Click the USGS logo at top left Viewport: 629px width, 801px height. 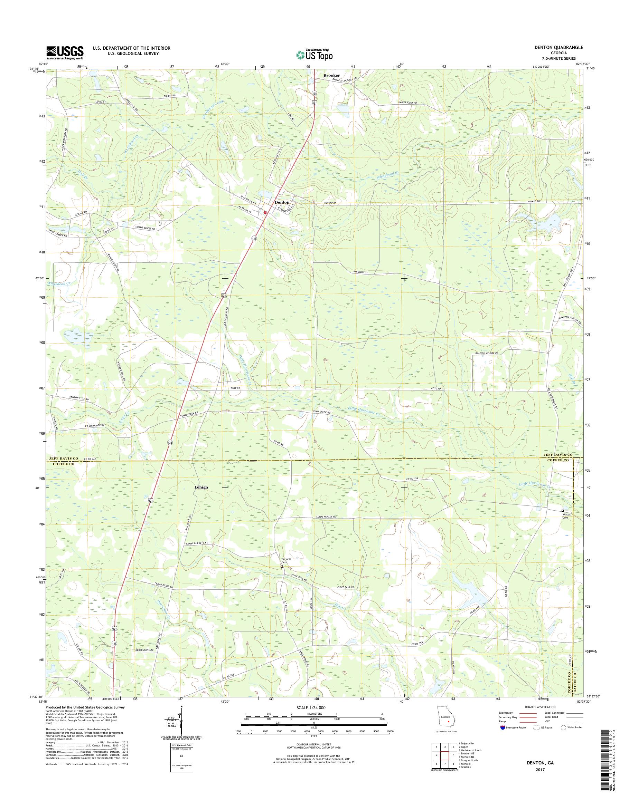coord(65,52)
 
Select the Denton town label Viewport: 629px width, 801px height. coord(282,202)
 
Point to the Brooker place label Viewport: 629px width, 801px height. coord(331,75)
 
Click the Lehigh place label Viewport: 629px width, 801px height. coord(201,487)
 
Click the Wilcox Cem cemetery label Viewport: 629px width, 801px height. coord(566,516)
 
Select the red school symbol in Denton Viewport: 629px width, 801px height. coord(265,212)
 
